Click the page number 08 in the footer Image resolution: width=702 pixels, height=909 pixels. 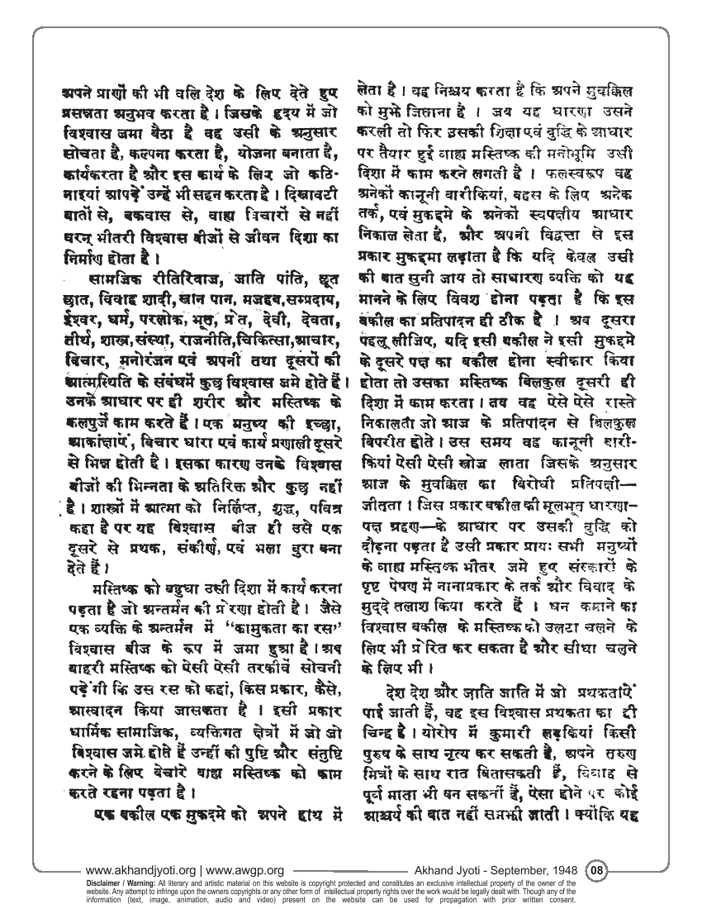[597, 869]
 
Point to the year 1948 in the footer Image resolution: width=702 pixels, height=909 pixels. [562, 870]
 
